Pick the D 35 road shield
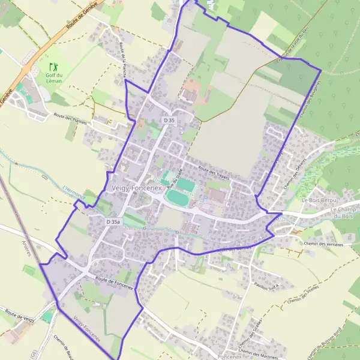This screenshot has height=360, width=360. [169, 121]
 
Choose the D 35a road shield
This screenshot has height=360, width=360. [113, 222]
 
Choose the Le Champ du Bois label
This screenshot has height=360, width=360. [344, 212]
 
